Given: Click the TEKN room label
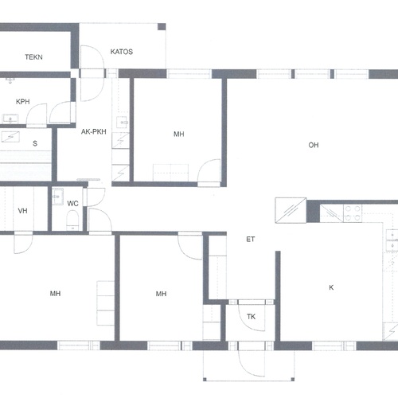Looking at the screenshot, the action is [33, 57].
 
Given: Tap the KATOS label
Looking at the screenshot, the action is [122, 52].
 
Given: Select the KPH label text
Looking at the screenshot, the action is [23, 102].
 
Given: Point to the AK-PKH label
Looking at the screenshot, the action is [94, 131].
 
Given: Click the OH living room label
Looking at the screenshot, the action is [314, 145].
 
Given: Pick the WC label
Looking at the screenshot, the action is [72, 204].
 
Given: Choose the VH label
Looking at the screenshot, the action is [22, 211].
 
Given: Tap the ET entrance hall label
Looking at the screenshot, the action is [251, 240].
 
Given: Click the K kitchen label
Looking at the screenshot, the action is [331, 287].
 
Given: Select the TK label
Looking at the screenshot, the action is [251, 317].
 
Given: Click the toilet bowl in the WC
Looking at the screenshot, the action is [72, 220].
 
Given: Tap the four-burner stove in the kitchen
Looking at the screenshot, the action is [353, 213].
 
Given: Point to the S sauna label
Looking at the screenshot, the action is [35, 143].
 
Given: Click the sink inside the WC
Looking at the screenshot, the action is [57, 197].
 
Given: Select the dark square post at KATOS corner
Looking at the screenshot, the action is [162, 27].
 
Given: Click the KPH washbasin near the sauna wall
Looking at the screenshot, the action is [10, 119].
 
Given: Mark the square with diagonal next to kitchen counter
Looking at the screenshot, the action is [291, 210].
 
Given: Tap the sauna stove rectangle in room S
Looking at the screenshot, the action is [10, 136].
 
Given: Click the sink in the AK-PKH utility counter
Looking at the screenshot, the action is [123, 123].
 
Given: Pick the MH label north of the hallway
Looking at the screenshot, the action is [179, 135].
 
